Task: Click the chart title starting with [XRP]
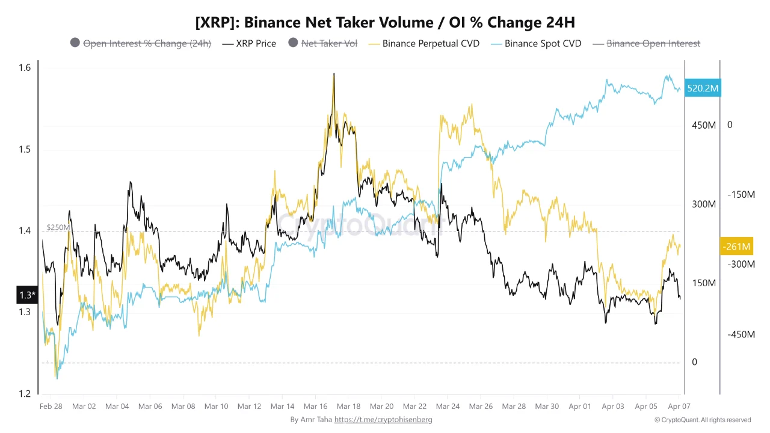(x=385, y=23)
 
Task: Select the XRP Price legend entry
(x=249, y=43)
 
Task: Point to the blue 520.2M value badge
(x=703, y=88)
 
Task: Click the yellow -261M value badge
(x=736, y=247)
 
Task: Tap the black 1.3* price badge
(x=27, y=295)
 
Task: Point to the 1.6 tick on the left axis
(x=24, y=68)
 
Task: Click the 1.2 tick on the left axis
(x=24, y=394)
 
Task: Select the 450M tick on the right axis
(x=703, y=125)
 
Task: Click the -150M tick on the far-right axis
(x=741, y=195)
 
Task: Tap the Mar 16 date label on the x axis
(x=315, y=407)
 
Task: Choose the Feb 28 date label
(x=51, y=407)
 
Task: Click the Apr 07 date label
(x=679, y=407)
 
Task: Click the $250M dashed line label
(x=58, y=227)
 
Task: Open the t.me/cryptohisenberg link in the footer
(x=383, y=420)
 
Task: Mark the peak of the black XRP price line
(x=333, y=75)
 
